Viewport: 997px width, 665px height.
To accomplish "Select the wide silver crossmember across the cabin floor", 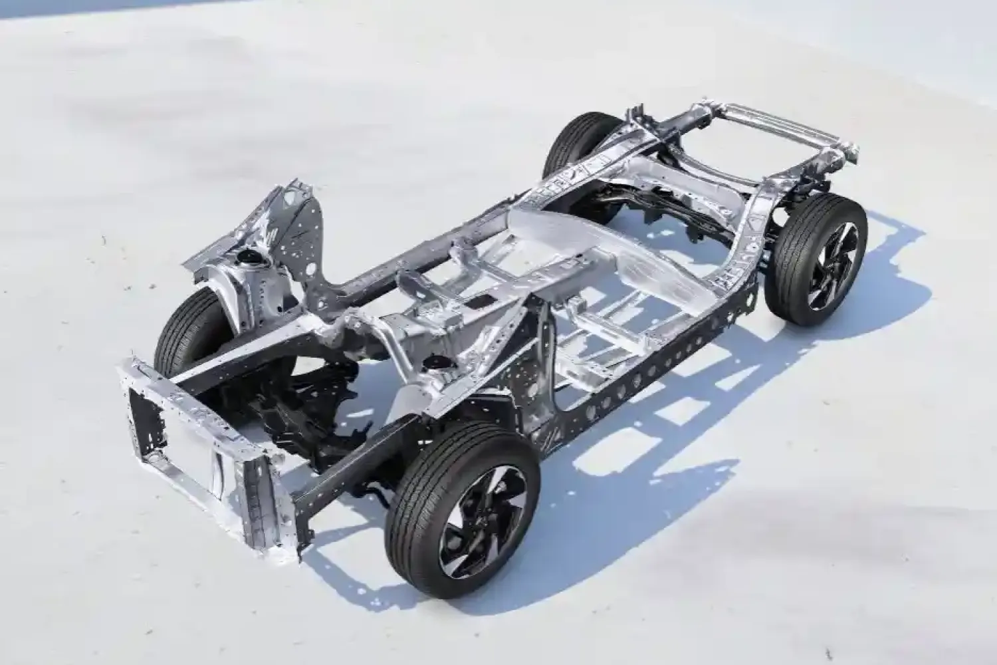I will click(598, 246).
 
